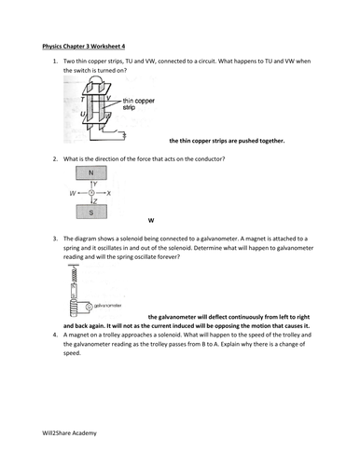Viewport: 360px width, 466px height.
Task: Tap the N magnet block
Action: tap(90, 173)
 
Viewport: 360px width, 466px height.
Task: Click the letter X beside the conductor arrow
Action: tap(109, 193)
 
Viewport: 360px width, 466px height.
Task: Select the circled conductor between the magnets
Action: tap(90, 193)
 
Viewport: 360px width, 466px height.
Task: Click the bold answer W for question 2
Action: tap(151, 221)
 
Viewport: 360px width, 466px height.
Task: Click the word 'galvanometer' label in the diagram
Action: tap(106, 305)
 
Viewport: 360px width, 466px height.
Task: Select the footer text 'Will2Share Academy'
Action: tap(70, 434)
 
